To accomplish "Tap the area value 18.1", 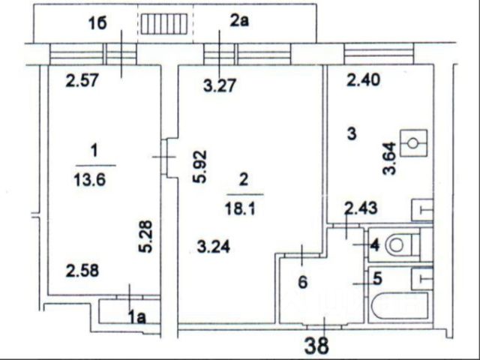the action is coord(243,210).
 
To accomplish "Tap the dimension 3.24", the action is coord(214,244).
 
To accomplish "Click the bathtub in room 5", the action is coord(397,307).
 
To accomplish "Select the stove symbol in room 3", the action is coord(413,142).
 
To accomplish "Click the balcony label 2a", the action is coord(239,22).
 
